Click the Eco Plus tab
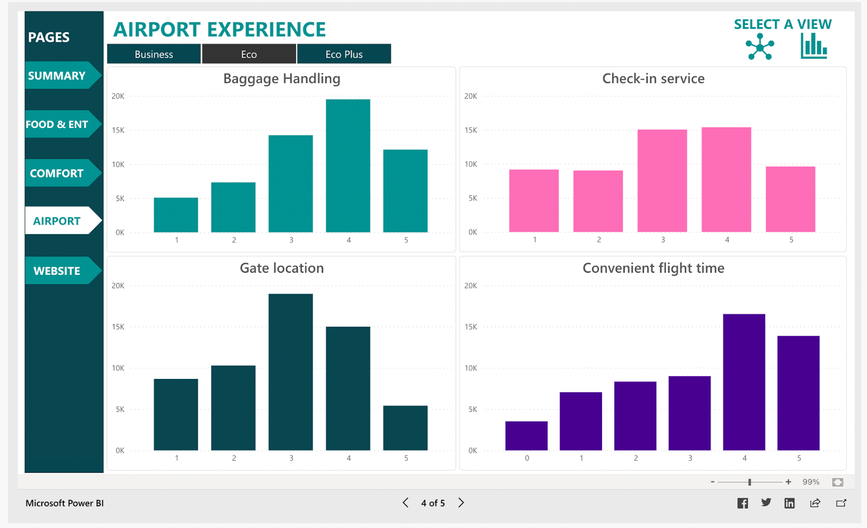pyautogui.click(x=344, y=54)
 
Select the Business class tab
pyautogui.click(x=154, y=54)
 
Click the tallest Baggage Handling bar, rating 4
pyautogui.click(x=348, y=165)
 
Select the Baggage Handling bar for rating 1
pyautogui.click(x=176, y=215)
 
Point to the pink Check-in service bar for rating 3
pyautogui.click(x=662, y=181)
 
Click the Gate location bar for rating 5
pyautogui.click(x=405, y=428)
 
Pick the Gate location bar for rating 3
pyautogui.click(x=290, y=372)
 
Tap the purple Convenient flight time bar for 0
pyautogui.click(x=526, y=435)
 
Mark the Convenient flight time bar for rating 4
pyautogui.click(x=744, y=382)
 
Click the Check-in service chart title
pyautogui.click(x=653, y=79)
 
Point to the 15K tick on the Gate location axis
pyautogui.click(x=118, y=327)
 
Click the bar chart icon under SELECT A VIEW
pyautogui.click(x=814, y=46)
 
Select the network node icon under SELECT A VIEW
pyautogui.click(x=760, y=47)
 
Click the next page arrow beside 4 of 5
pyautogui.click(x=461, y=503)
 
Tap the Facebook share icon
pyautogui.click(x=742, y=503)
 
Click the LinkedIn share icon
pyautogui.click(x=790, y=503)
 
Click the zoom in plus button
pyautogui.click(x=788, y=482)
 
